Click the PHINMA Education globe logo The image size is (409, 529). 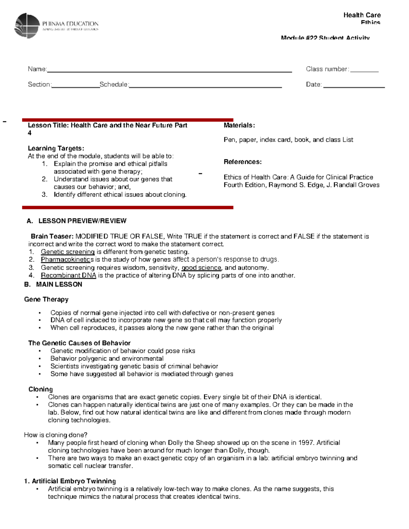click(x=27, y=26)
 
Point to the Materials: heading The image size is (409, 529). click(x=239, y=125)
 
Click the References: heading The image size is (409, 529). click(x=243, y=162)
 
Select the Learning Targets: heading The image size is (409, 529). click(x=56, y=148)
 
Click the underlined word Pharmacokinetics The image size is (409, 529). click(x=67, y=260)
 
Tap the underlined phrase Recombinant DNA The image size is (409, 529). click(x=69, y=275)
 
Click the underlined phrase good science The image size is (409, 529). click(x=201, y=268)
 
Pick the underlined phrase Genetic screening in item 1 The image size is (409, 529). click(x=67, y=252)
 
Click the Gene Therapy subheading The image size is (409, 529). click(x=46, y=299)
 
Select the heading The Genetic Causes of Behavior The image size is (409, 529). click(x=79, y=343)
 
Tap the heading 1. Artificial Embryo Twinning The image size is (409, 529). click(x=70, y=481)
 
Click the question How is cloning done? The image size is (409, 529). click(x=56, y=435)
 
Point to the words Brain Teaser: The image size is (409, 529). click(x=52, y=236)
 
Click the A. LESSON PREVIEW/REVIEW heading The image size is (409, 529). click(x=77, y=221)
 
